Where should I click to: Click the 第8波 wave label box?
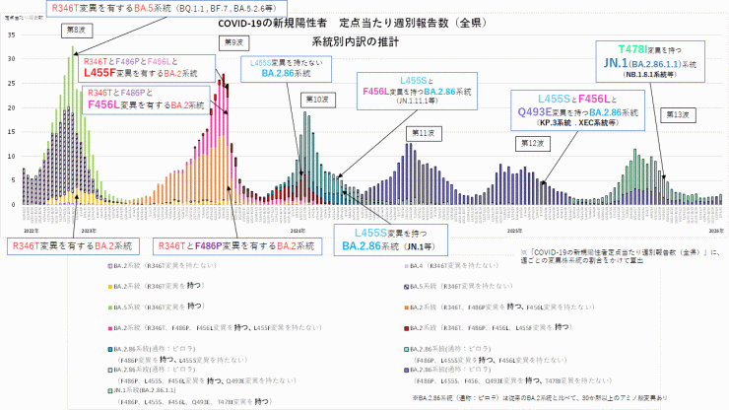tap(75, 31)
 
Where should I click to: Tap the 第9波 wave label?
tap(232, 41)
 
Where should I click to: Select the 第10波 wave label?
tap(314, 100)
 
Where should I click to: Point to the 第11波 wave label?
tap(423, 132)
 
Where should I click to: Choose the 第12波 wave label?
tap(534, 143)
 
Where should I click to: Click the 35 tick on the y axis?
tap(11, 34)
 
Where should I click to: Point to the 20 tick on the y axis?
tap(11, 107)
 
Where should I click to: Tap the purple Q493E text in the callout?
tap(538, 112)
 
